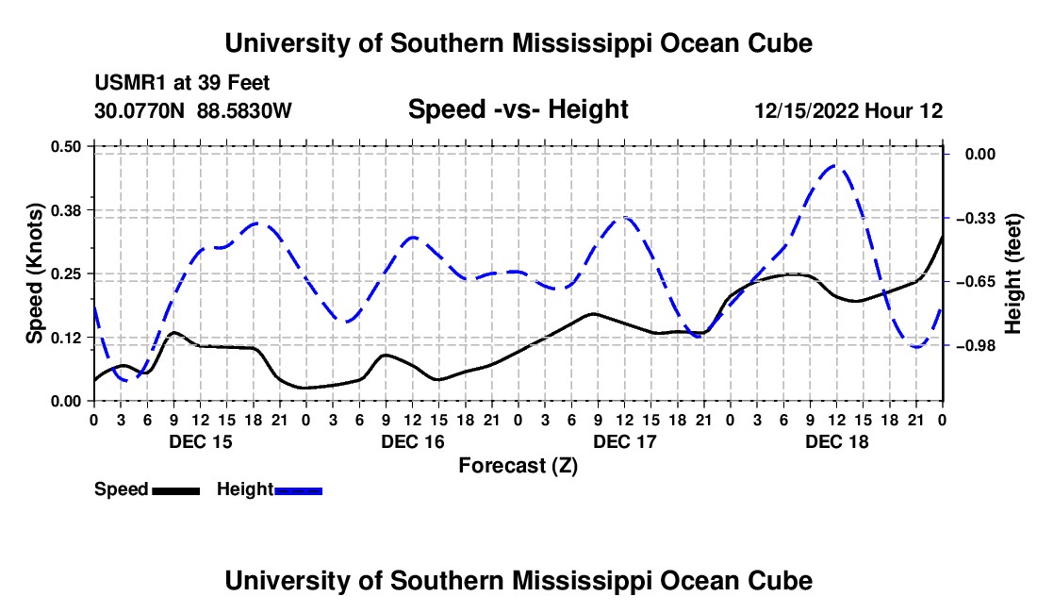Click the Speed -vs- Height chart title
(x=518, y=109)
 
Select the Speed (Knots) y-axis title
(x=34, y=273)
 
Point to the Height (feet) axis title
(x=1013, y=273)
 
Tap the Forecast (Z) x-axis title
(x=518, y=466)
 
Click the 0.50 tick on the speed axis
(x=65, y=146)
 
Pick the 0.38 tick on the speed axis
(x=65, y=210)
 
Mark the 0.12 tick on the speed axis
(x=65, y=338)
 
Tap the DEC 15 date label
(x=201, y=441)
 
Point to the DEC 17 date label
(x=625, y=441)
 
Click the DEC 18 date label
(x=836, y=441)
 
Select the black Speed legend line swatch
(x=176, y=491)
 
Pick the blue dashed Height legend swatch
(x=298, y=491)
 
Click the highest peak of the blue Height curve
(x=835, y=165)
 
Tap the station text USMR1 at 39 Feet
(x=182, y=83)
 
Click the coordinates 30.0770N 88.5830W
(x=193, y=109)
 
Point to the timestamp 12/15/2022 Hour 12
(x=848, y=110)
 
